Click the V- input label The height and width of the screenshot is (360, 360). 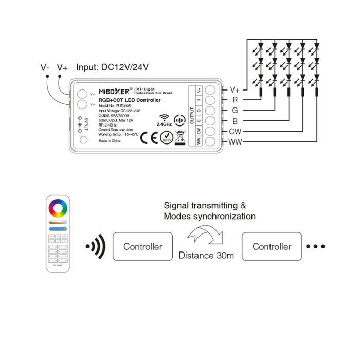(x=45, y=68)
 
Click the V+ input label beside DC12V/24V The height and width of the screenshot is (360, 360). (x=62, y=68)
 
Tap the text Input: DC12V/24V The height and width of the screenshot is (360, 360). (x=112, y=67)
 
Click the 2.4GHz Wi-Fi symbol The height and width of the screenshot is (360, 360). (x=164, y=118)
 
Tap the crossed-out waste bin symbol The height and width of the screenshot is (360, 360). (x=181, y=136)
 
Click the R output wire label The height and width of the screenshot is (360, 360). (x=235, y=100)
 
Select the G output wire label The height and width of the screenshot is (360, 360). (x=235, y=110)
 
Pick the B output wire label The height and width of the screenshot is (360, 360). (x=235, y=121)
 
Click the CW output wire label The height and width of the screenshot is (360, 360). (x=235, y=132)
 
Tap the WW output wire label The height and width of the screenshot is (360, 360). (x=235, y=142)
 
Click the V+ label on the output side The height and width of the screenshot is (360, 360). (x=235, y=89)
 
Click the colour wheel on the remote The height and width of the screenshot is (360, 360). (x=58, y=208)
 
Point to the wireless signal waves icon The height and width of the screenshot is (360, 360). (x=96, y=247)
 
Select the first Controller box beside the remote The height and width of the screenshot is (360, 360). (x=142, y=247)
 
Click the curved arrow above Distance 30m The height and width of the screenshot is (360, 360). (x=206, y=236)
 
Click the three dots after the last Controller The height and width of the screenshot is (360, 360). (x=315, y=247)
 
